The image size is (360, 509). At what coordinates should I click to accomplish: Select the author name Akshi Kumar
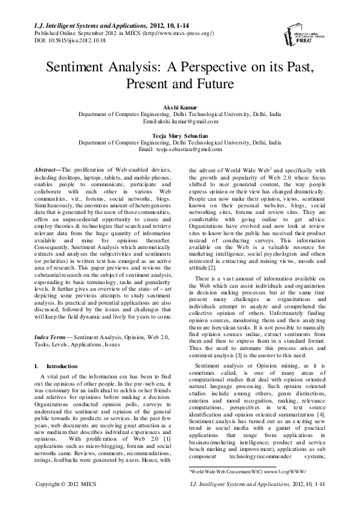pyautogui.click(x=179, y=107)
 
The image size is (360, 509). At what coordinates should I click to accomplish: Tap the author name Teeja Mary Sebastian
pyautogui.click(x=179, y=136)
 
